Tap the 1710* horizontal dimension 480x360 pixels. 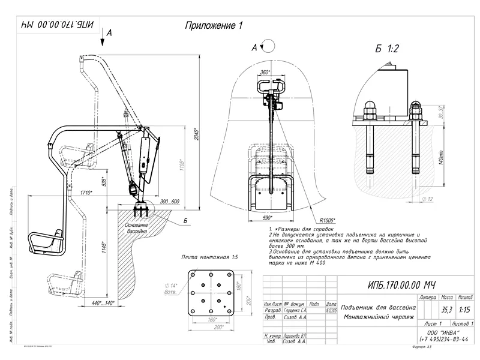(x=85, y=193)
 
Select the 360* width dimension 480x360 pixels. (x=265, y=73)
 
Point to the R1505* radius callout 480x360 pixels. (x=328, y=220)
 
